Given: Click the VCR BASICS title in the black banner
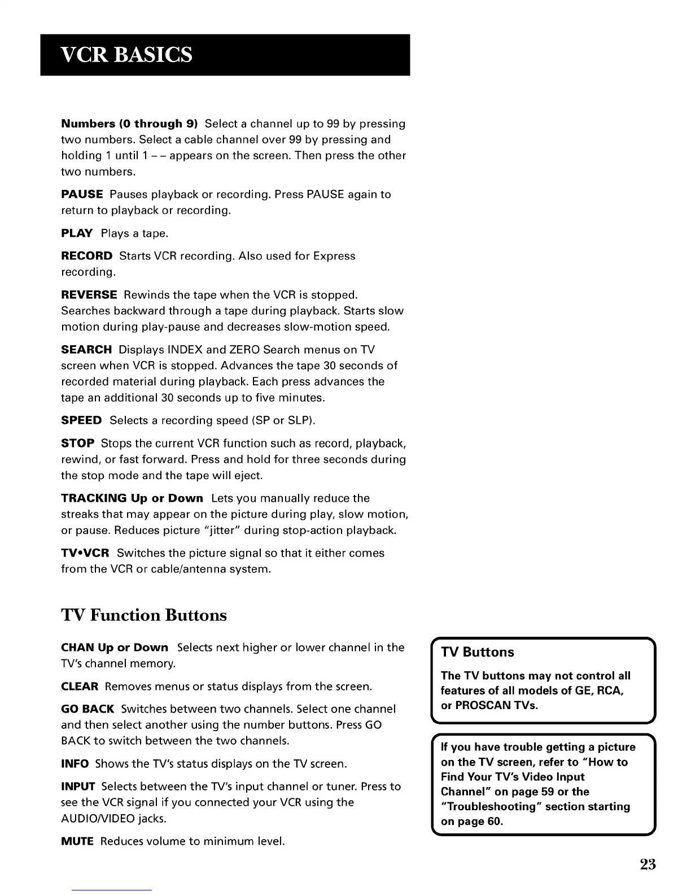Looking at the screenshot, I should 126,55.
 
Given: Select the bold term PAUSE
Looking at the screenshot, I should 82,194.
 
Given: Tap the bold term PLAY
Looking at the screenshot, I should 77,233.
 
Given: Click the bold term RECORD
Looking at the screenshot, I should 86,256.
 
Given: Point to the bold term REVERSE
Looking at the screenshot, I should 89,295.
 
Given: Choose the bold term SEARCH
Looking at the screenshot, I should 86,350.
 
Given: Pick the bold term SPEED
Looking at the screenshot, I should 81,420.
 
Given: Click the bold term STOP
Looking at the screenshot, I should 77,443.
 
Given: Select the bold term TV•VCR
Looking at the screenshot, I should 85,553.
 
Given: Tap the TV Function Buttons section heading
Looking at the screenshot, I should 144,615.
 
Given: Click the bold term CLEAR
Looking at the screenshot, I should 80,687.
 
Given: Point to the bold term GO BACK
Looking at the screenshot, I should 88,709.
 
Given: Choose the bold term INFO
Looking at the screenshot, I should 75,764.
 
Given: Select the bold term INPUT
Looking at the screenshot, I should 78,787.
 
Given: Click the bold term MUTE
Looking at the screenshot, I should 77,841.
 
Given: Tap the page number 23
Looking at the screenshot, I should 648,864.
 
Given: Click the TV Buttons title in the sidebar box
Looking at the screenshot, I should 478,652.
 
